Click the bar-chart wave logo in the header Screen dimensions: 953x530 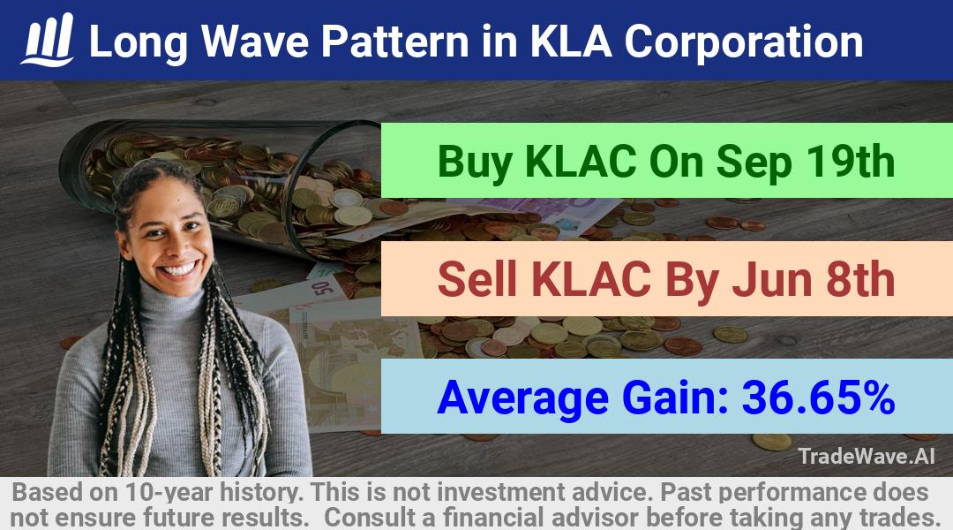tap(48, 40)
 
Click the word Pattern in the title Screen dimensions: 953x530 tap(394, 42)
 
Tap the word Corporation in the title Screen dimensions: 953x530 tap(743, 42)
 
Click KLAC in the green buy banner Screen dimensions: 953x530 tap(581, 162)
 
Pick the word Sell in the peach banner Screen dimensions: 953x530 tap(477, 279)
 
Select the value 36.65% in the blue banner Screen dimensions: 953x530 tap(818, 397)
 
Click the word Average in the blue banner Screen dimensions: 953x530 tap(522, 398)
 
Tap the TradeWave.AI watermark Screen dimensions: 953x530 tap(867, 456)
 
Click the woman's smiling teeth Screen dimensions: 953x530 tap(179, 269)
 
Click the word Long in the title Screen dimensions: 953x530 tap(139, 42)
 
